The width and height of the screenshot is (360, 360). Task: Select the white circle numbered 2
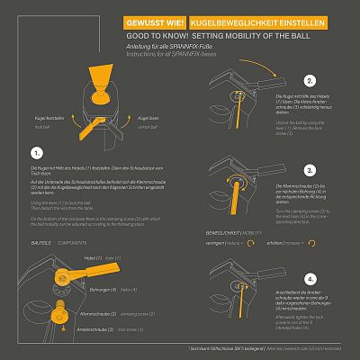click(310, 79)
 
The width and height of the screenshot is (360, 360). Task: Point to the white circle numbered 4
click(310, 279)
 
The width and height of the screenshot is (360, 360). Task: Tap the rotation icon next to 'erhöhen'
click(312, 242)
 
